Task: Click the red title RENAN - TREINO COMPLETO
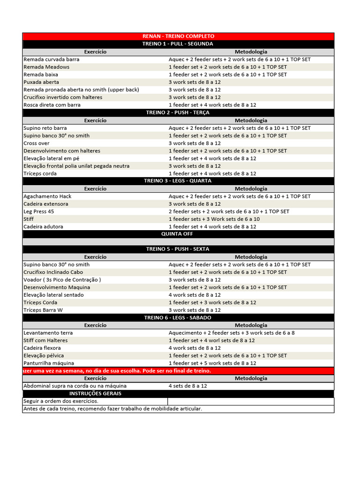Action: [178, 36]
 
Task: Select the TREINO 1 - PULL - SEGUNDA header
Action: [178, 44]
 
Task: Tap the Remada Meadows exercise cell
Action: [46, 67]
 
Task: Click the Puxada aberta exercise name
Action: [41, 82]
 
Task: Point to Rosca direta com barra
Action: [52, 105]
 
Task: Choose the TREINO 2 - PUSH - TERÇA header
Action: [178, 112]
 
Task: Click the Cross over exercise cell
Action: [37, 143]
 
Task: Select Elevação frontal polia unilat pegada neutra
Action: [76, 166]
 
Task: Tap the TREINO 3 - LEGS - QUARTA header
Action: [178, 181]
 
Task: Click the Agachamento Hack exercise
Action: [47, 196]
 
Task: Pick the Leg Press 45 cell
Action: [38, 211]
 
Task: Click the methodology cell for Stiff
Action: [214, 219]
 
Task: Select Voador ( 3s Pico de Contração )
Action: [62, 280]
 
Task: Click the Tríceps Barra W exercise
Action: [43, 310]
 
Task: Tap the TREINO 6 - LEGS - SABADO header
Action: [178, 318]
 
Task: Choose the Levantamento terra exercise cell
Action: [48, 333]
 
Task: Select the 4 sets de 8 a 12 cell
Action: [188, 386]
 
